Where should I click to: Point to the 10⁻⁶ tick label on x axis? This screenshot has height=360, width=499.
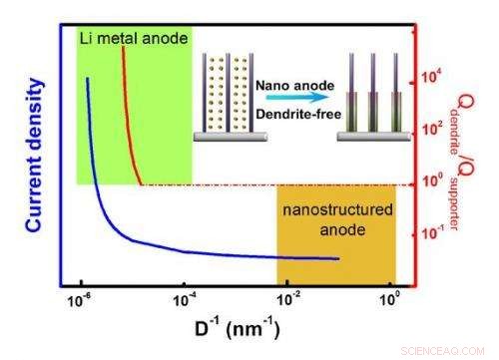coord(79,298)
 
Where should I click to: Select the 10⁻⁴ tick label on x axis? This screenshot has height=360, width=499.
coord(184,298)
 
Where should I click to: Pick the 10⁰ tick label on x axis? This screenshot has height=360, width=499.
coord(390,298)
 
